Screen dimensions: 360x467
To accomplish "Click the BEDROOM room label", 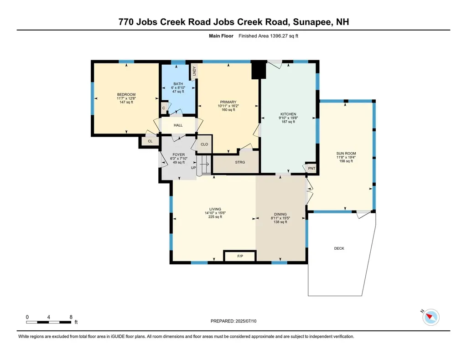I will [126, 95].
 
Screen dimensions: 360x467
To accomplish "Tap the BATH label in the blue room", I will [177, 84].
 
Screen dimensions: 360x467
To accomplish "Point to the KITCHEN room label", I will [288, 114].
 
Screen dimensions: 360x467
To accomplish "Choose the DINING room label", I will [280, 214].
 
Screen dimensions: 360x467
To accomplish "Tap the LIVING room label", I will [213, 210].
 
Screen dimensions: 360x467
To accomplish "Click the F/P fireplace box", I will [240, 257].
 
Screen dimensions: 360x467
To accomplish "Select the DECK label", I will [339, 248].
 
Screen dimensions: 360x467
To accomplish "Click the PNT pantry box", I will [311, 169].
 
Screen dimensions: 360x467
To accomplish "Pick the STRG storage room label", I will [240, 162].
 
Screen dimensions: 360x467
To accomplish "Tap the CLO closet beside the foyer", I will [204, 144].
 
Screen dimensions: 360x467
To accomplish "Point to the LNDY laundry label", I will [194, 71].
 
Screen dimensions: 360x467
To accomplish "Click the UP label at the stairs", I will [193, 167].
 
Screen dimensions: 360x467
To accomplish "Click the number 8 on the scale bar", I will [71, 317].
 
